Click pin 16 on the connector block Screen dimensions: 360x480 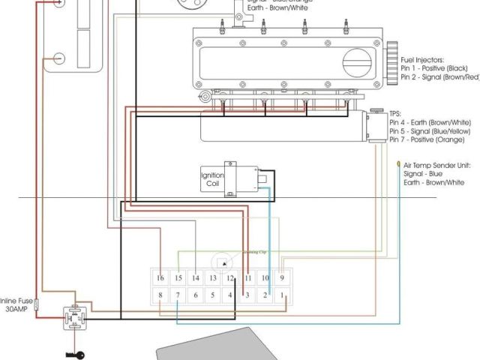(159, 278)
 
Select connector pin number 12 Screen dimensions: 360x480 (231, 278)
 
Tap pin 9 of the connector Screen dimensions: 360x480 (283, 278)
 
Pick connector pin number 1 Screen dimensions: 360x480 (283, 295)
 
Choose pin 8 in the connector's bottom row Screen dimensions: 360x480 (159, 295)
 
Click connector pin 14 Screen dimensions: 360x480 (195, 278)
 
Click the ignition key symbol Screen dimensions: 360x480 (76, 355)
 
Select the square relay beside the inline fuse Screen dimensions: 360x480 (75, 317)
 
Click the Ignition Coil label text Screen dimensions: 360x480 (212, 181)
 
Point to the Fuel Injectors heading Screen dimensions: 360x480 (422, 59)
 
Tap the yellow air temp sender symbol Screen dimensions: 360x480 (398, 163)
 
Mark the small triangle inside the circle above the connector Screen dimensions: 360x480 (223, 261)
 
